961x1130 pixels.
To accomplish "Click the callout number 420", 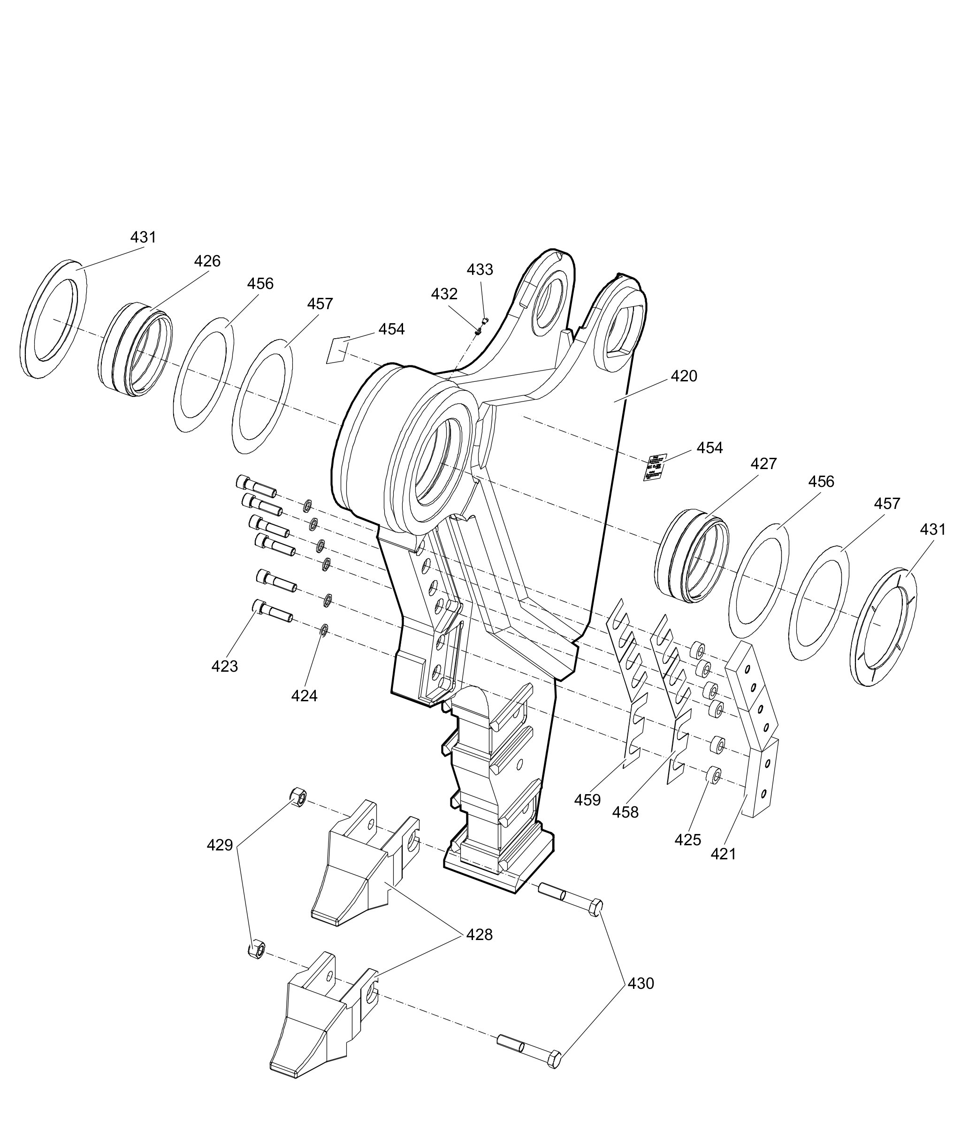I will (684, 376).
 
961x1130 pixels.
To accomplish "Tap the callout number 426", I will (207, 261).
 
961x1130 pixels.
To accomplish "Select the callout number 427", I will (763, 464).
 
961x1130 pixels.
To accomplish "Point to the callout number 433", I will (480, 270).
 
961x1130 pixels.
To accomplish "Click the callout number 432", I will (444, 294).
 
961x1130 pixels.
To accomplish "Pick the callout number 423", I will (224, 666).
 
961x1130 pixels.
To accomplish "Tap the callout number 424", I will (304, 696).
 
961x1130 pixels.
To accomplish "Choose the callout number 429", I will (220, 845).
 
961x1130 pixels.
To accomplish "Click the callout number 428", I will (480, 935).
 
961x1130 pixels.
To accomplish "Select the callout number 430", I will (641, 984).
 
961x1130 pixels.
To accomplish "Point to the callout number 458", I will (625, 812).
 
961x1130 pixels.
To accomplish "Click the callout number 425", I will (687, 840).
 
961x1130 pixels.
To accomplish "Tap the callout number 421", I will (723, 854).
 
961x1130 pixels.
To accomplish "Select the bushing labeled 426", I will (136, 349).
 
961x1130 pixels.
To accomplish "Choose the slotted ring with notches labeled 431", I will (883, 626).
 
